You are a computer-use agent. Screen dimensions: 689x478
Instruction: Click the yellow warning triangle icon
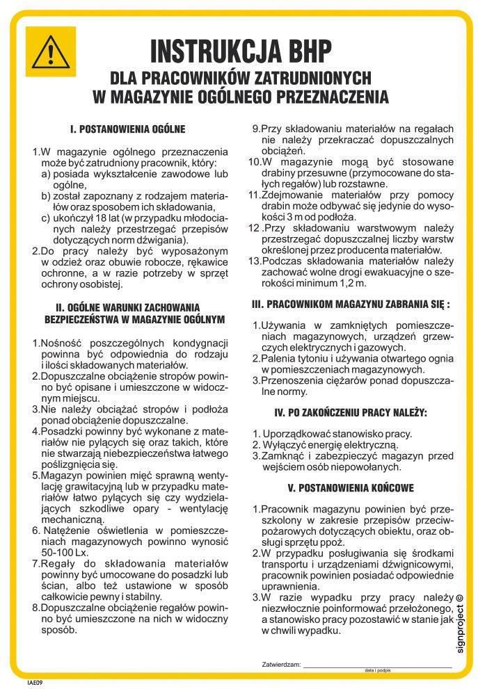point(50,51)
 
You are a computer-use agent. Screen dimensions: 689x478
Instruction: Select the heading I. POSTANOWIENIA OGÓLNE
point(128,129)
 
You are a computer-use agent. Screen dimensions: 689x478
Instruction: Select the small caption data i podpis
point(378,670)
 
